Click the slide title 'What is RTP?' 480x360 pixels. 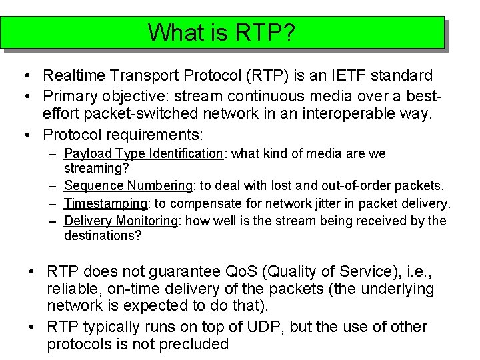(x=222, y=32)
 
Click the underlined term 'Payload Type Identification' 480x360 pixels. (x=143, y=154)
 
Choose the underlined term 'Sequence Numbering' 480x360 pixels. (x=128, y=185)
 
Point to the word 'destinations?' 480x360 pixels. (x=103, y=235)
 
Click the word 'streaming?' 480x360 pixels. (x=96, y=168)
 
